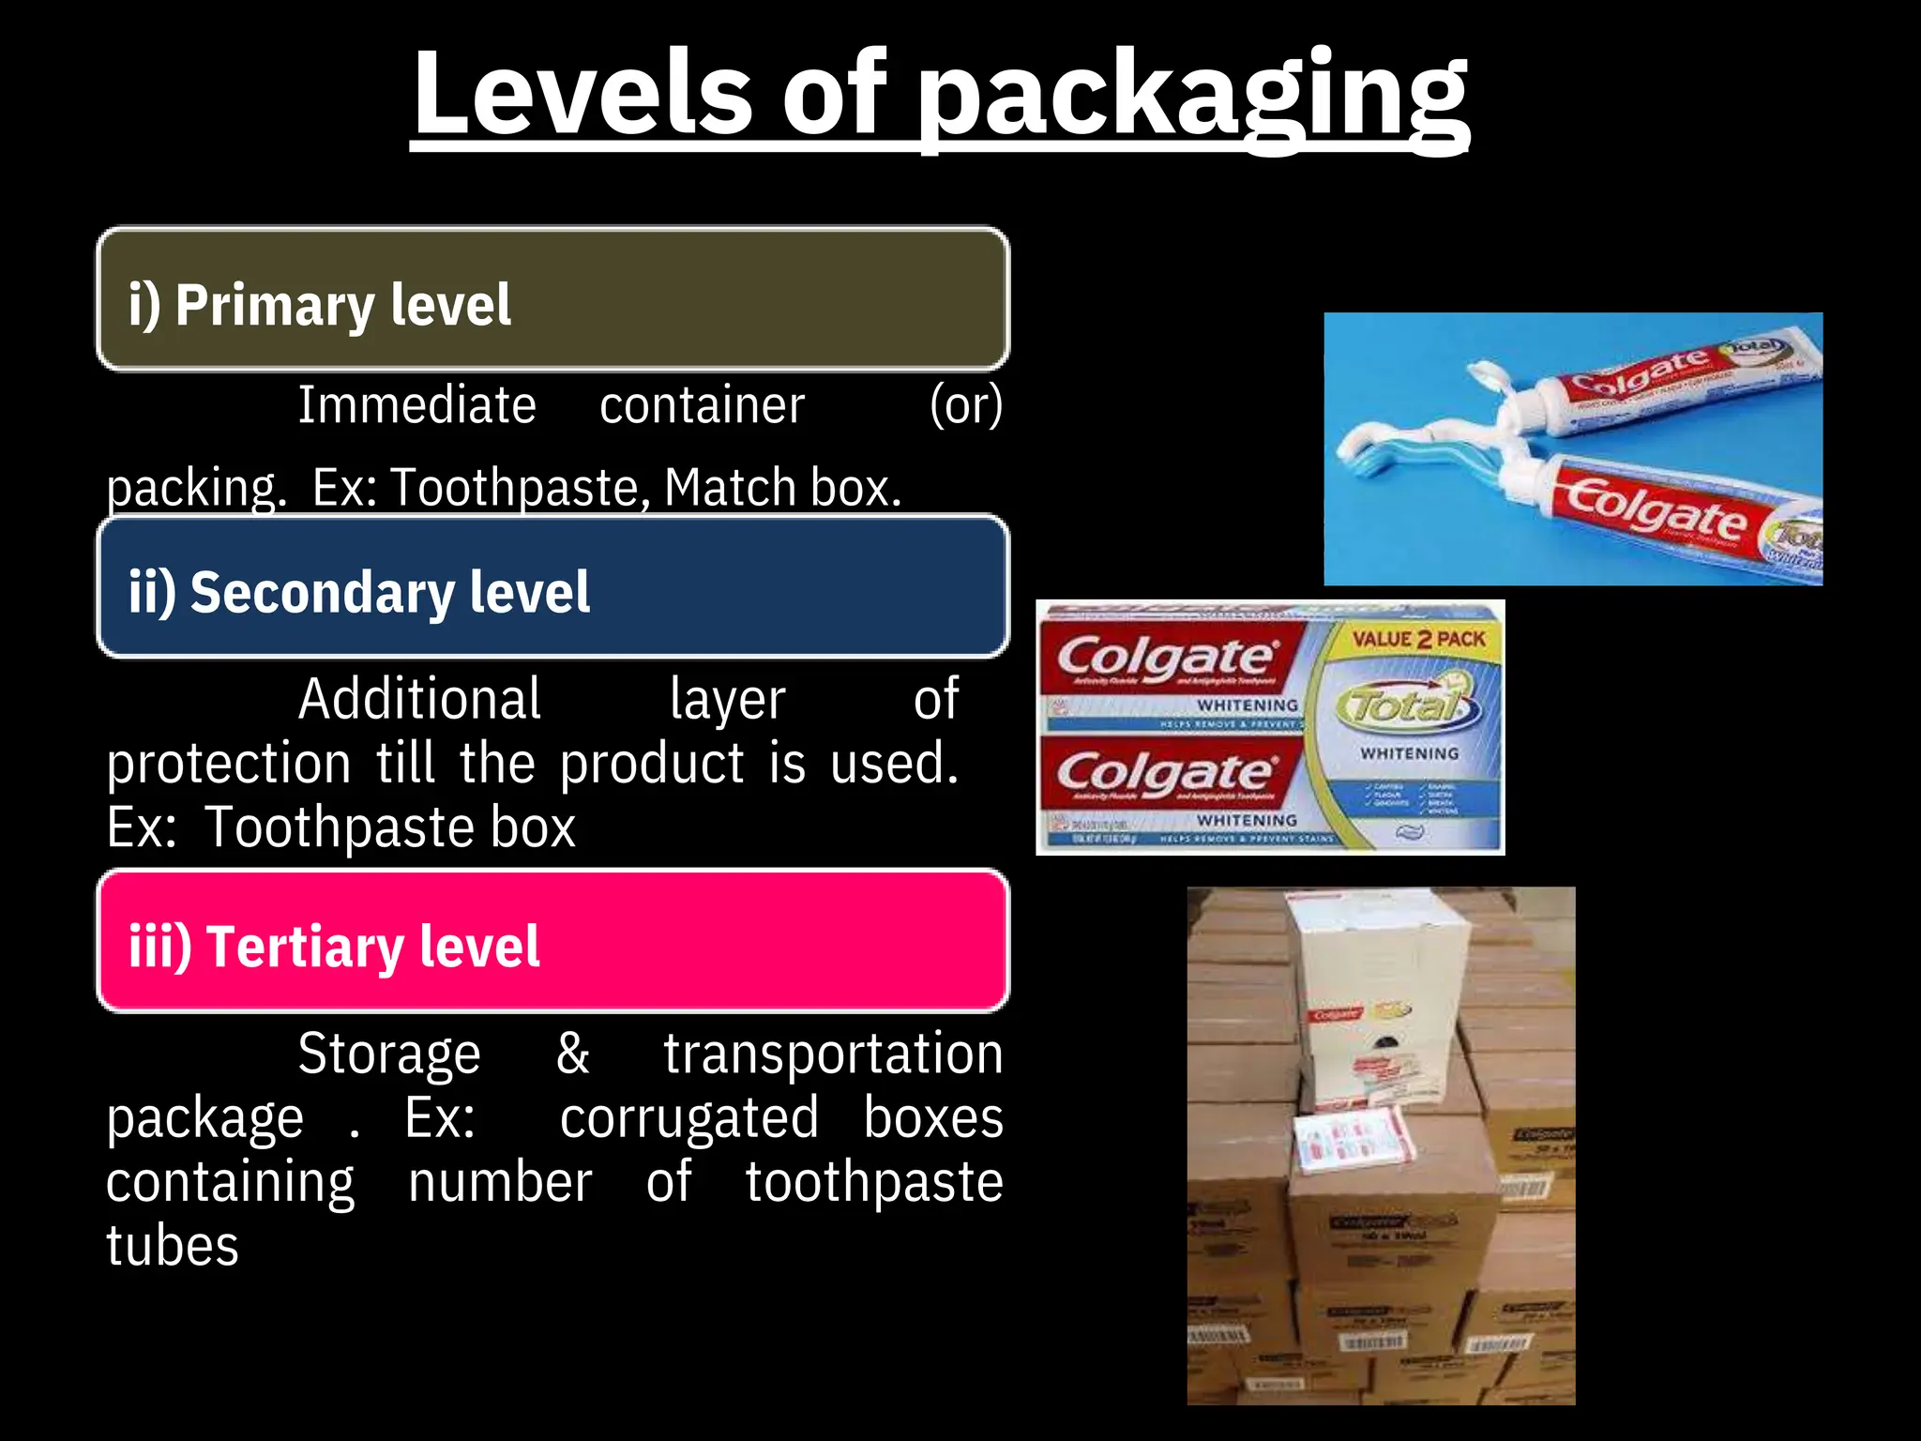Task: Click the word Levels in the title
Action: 582,94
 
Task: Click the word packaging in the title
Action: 1191,99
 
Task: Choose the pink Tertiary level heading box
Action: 553,942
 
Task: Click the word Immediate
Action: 416,405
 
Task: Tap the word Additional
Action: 419,699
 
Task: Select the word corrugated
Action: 689,1118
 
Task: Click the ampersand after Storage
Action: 572,1053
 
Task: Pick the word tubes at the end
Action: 173,1246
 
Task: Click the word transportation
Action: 833,1053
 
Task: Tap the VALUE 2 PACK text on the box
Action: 1418,639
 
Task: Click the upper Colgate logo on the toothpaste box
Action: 1167,658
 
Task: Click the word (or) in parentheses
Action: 966,405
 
